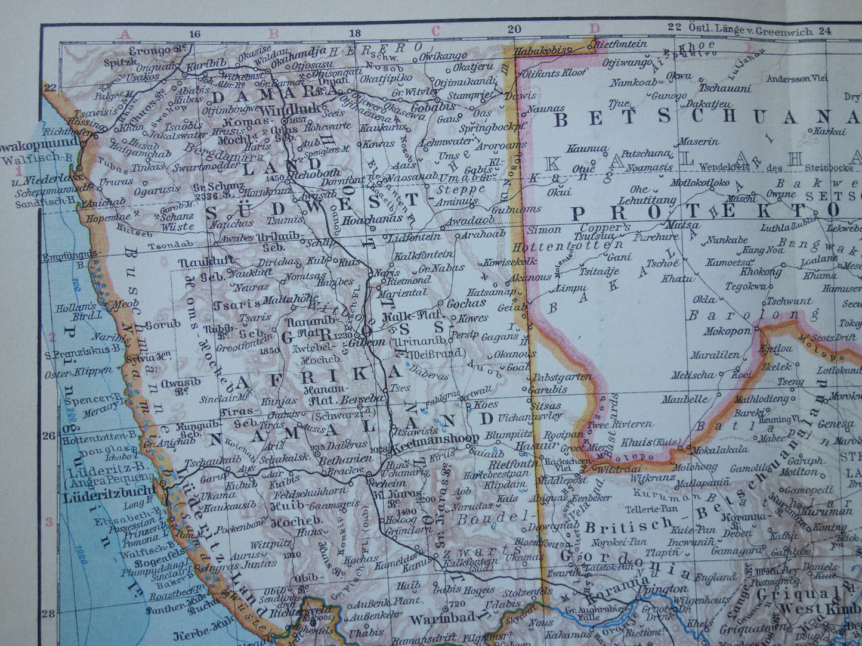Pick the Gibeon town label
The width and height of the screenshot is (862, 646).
(x=366, y=344)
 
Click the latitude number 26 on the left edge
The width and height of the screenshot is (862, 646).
(x=49, y=435)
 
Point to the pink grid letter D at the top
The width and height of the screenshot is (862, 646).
(x=594, y=28)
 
